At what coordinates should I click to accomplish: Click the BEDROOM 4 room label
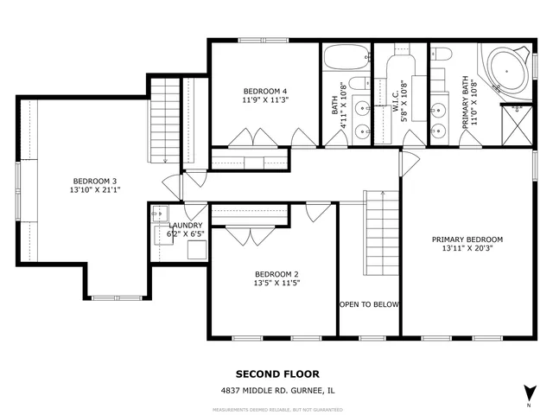point(264,92)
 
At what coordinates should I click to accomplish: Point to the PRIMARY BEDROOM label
point(467,239)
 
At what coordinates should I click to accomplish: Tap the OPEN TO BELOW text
point(369,304)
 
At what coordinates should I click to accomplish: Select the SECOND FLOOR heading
point(277,374)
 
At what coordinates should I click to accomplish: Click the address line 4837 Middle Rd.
point(276,391)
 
